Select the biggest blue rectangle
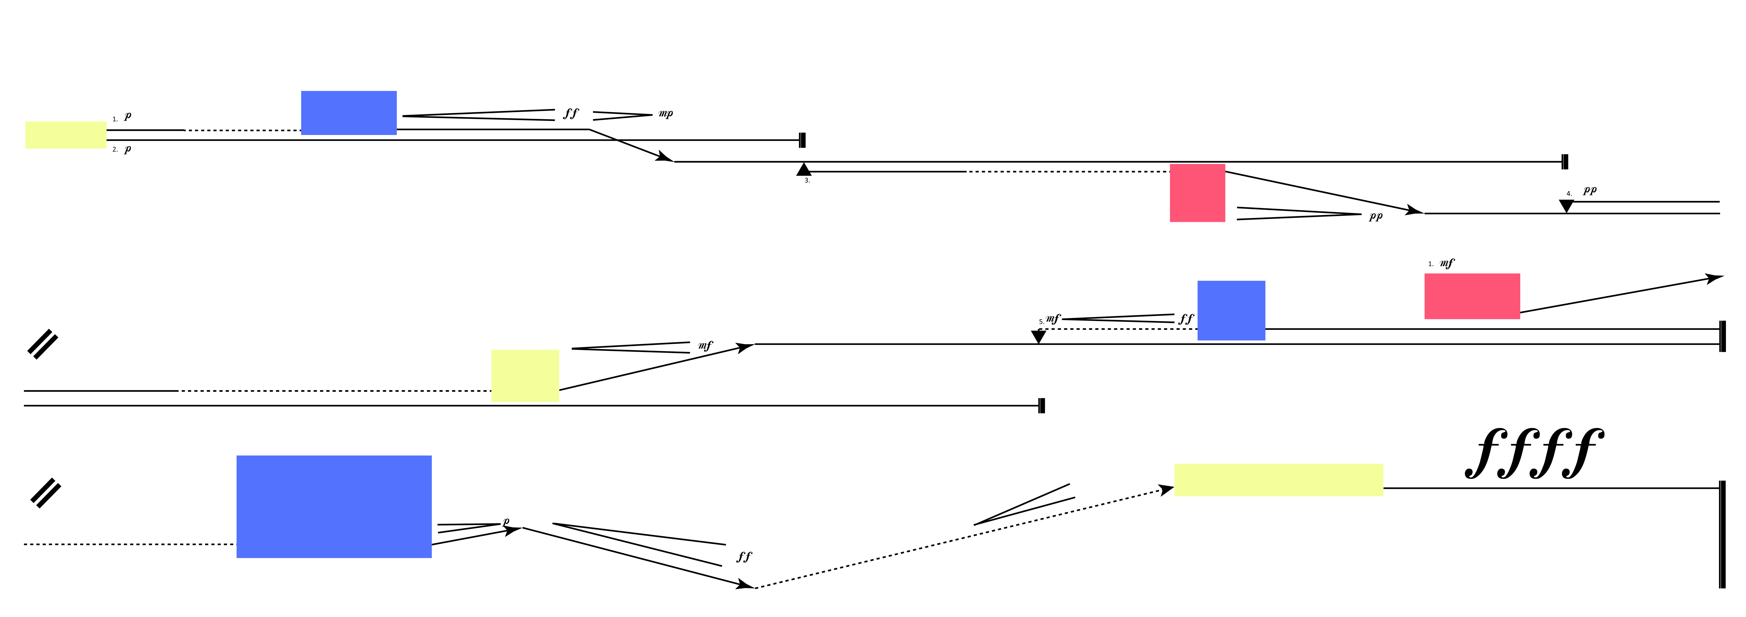(x=334, y=507)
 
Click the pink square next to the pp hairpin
(x=1197, y=193)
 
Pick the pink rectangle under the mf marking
(x=1471, y=296)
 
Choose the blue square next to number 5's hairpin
(x=1231, y=310)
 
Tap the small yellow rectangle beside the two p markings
(x=66, y=135)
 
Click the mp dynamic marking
(x=666, y=114)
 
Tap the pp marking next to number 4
(x=1589, y=190)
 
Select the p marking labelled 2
(x=127, y=149)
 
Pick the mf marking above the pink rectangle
(x=1446, y=263)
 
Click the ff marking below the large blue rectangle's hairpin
(x=744, y=557)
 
